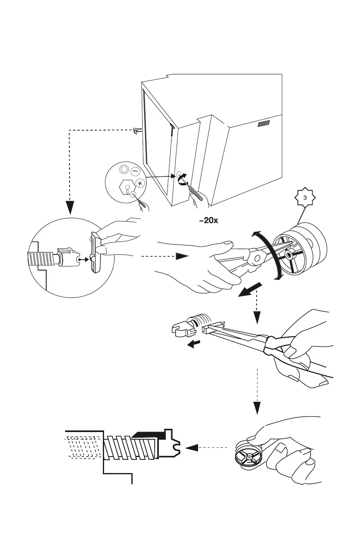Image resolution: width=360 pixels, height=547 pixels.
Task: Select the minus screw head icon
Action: point(135,171)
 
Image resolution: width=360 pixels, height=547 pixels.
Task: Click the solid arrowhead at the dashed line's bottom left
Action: point(70,207)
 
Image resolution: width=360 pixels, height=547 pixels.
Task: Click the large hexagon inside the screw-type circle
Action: point(126,187)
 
